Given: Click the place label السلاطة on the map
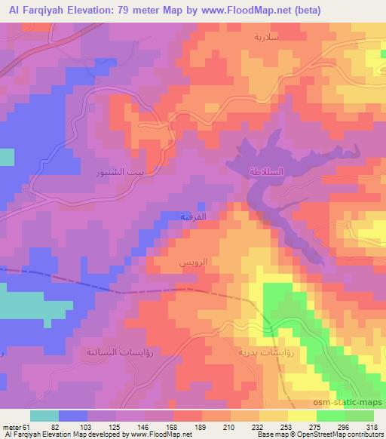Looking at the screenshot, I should (269, 173).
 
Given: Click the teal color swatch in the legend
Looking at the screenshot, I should (44, 415).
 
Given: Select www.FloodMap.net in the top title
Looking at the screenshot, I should (255, 9).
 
